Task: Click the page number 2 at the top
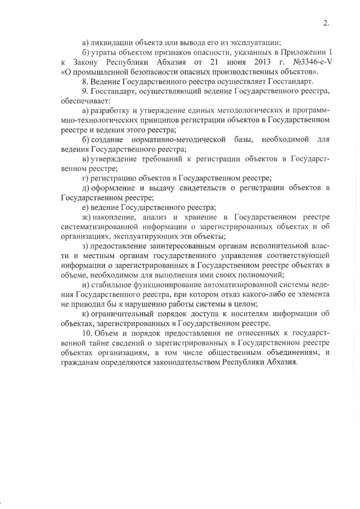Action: [326, 23]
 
